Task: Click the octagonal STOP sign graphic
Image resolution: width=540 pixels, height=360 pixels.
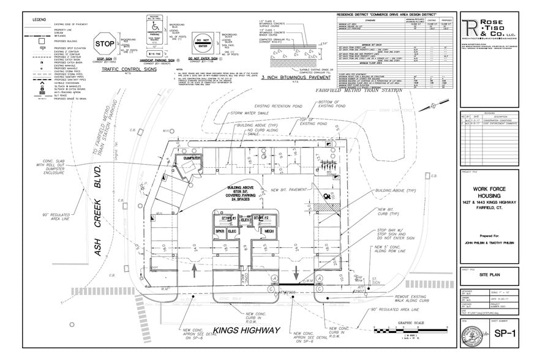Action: tap(105, 44)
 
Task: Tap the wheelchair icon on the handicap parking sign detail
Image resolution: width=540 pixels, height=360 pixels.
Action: tap(156, 29)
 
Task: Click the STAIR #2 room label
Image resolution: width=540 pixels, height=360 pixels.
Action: tap(263, 217)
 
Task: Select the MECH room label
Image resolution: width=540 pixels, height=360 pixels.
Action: tap(269, 231)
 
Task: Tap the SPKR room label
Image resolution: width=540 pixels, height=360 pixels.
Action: tap(219, 231)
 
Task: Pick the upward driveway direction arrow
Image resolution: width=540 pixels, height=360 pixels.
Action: tap(195, 268)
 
